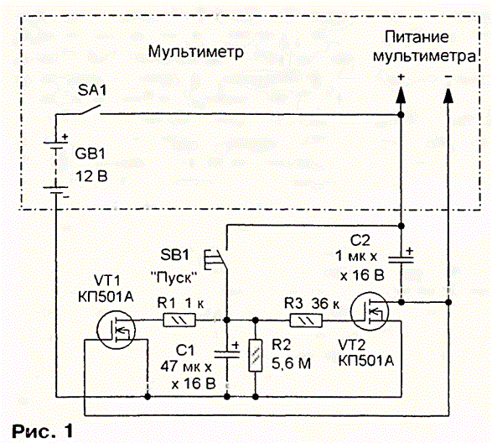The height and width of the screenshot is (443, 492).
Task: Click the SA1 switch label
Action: point(92,91)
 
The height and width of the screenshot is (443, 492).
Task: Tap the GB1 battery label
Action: point(90,154)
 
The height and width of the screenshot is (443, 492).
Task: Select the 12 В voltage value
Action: point(91,176)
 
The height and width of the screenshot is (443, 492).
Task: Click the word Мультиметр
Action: point(196,52)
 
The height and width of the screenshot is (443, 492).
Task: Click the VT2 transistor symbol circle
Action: point(370,311)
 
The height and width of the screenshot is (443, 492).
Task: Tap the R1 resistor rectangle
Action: point(179,321)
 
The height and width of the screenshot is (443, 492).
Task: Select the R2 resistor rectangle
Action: point(256,356)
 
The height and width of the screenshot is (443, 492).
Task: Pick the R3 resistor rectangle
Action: point(306,321)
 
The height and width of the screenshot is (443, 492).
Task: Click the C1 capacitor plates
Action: point(226,354)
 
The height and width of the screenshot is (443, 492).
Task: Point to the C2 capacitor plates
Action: point(401,260)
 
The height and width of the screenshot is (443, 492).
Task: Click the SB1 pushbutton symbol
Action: point(215,259)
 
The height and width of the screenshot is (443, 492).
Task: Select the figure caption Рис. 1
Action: point(43,430)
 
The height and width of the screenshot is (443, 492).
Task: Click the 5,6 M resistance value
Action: point(291,363)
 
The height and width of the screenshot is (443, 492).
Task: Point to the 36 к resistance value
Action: point(326,304)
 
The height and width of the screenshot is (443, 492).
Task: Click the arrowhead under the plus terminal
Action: point(401,96)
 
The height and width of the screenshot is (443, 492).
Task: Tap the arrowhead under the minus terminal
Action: point(448,96)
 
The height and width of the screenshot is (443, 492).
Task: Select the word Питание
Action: point(417,37)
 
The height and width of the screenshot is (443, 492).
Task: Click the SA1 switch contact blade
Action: point(90,110)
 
